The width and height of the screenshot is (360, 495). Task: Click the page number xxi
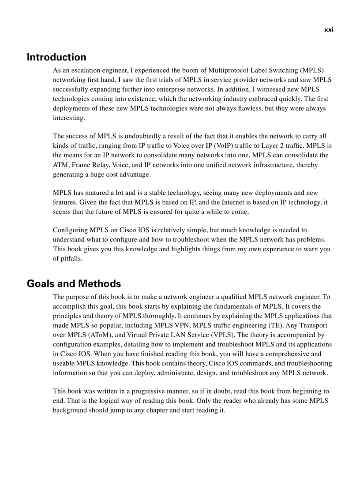[x=329, y=30]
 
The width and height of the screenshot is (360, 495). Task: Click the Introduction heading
[x=56, y=57]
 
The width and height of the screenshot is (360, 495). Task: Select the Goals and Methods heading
[x=74, y=283]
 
